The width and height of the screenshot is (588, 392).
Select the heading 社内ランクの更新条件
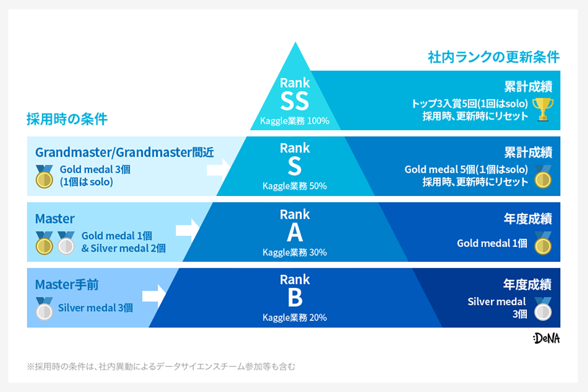click(494, 57)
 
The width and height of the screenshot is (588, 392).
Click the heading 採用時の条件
click(67, 119)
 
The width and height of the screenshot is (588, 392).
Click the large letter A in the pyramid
click(295, 232)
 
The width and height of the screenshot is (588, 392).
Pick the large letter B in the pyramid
click(295, 298)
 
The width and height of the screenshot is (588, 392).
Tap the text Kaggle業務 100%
click(295, 121)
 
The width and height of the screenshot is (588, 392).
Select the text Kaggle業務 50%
click(294, 186)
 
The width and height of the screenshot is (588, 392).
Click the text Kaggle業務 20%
click(294, 318)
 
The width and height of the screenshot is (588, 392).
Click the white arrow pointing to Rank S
click(218, 168)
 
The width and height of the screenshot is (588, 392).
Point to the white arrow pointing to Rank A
click(187, 230)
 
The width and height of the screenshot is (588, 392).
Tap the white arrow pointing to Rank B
click(154, 295)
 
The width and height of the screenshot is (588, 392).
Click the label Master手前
click(67, 284)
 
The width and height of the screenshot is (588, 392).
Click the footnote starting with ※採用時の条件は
click(161, 366)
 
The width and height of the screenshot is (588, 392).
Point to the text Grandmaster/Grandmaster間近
click(125, 152)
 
